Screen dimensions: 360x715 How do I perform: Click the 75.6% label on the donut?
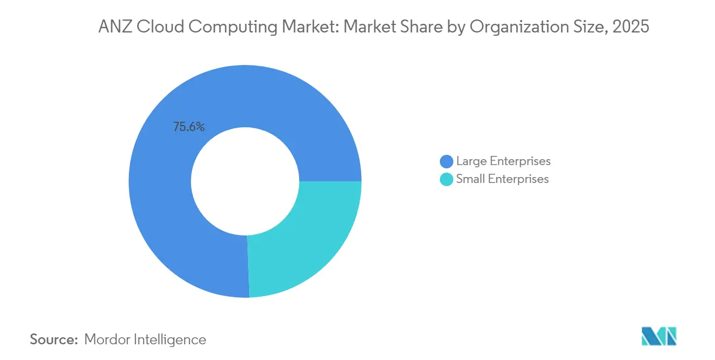click(x=188, y=127)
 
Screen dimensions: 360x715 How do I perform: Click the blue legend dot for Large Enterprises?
click(x=446, y=161)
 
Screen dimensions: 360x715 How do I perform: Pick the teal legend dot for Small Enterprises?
click(x=446, y=179)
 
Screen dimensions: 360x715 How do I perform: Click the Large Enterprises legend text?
click(x=503, y=161)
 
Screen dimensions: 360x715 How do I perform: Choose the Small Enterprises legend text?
click(x=502, y=179)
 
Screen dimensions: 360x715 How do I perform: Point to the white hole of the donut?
click(x=245, y=181)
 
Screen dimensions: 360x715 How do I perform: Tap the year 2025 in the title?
click(x=632, y=27)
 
